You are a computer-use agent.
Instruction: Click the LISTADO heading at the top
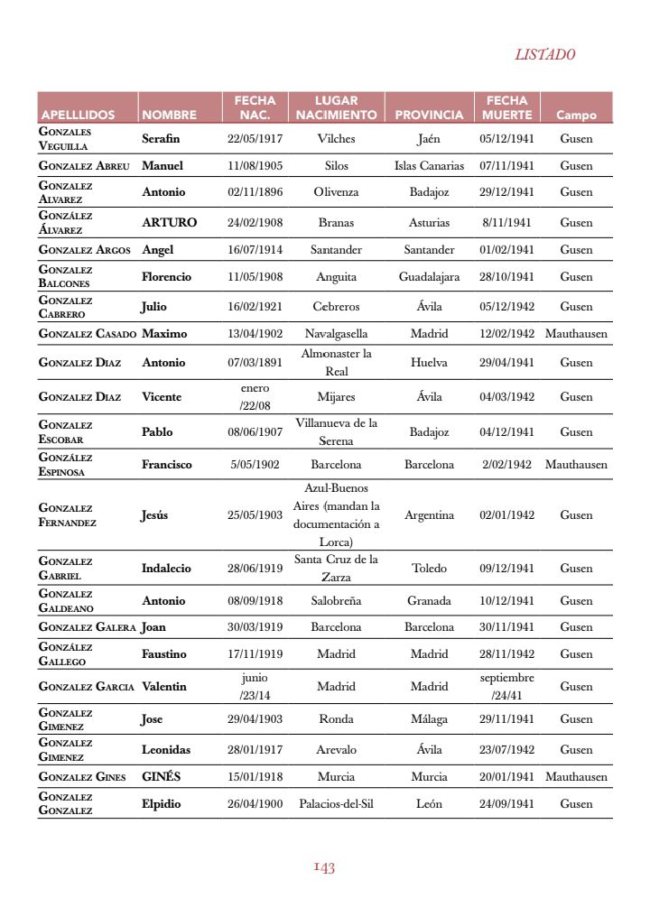pyautogui.click(x=544, y=54)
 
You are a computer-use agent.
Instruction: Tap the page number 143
pyautogui.click(x=324, y=867)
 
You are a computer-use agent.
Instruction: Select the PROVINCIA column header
pyautogui.click(x=429, y=116)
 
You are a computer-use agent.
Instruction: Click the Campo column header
pyautogui.click(x=576, y=116)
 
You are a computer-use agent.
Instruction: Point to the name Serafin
pyautogui.click(x=161, y=139)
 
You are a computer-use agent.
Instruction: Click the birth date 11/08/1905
pyautogui.click(x=255, y=166)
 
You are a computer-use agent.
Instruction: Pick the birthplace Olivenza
pyautogui.click(x=336, y=192)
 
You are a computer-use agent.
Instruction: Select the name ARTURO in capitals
pyautogui.click(x=169, y=223)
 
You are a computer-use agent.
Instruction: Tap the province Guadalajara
pyautogui.click(x=429, y=277)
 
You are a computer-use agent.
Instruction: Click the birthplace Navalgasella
pyautogui.click(x=336, y=334)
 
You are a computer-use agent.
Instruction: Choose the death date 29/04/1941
pyautogui.click(x=506, y=363)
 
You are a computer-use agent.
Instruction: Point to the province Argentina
pyautogui.click(x=429, y=515)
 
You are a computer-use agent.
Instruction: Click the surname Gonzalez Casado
pyautogui.click(x=88, y=334)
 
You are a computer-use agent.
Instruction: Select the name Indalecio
pyautogui.click(x=166, y=569)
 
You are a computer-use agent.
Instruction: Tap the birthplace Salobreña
pyautogui.click(x=336, y=601)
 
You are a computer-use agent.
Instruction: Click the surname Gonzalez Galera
pyautogui.click(x=88, y=627)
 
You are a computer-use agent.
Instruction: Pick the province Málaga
pyautogui.click(x=429, y=719)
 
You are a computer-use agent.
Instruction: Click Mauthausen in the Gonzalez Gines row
pyautogui.click(x=576, y=777)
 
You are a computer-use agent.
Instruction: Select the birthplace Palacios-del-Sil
pyautogui.click(x=336, y=804)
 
